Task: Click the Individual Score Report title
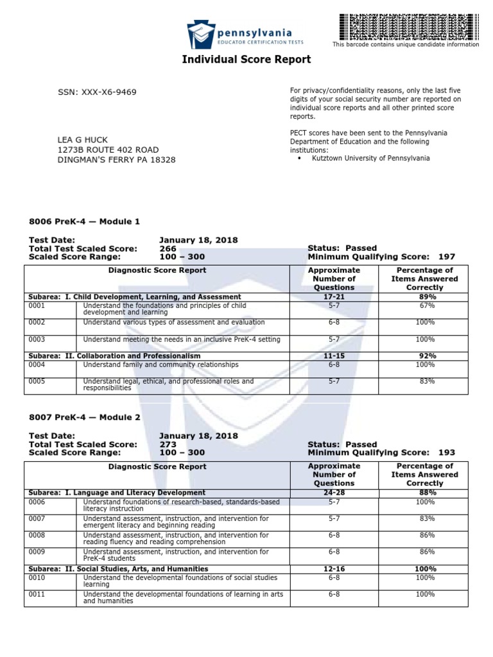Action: click(246, 60)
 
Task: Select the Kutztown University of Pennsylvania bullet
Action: click(368, 158)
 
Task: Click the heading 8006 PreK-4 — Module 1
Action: click(84, 221)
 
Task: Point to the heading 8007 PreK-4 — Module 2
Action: click(84, 417)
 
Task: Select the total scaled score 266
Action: click(168, 248)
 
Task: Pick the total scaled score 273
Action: click(168, 444)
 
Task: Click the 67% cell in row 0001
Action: click(424, 306)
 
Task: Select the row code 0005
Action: click(37, 381)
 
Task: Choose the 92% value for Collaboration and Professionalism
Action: click(424, 355)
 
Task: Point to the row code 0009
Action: click(37, 552)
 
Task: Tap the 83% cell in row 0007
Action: click(424, 518)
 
